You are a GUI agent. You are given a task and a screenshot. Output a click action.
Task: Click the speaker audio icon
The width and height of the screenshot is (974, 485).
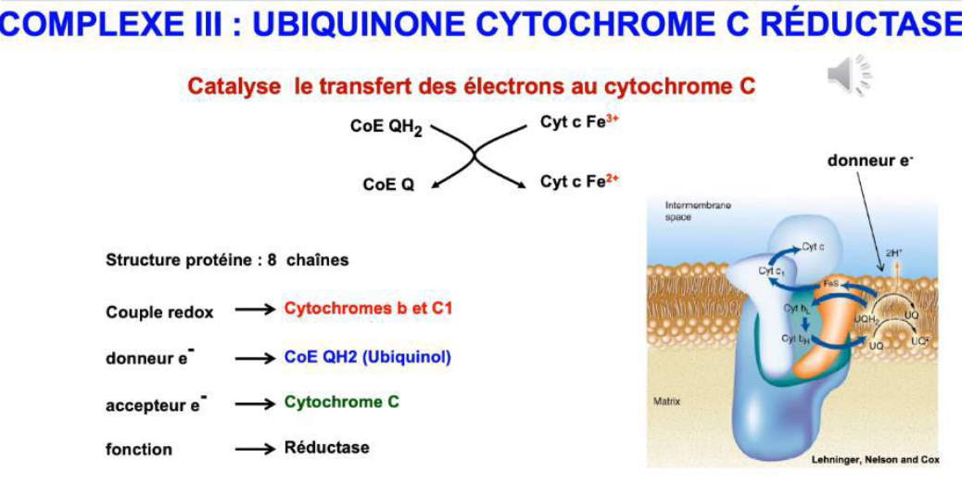tap(849, 75)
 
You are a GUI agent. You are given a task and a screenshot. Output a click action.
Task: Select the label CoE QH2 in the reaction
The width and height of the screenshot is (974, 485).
tap(386, 127)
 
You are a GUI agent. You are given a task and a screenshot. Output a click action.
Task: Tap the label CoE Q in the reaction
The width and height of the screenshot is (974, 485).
tap(388, 185)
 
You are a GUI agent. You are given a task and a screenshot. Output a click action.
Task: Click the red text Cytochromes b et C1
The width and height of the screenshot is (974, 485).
tap(368, 309)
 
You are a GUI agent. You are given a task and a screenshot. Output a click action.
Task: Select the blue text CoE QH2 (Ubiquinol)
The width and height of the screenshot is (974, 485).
tap(368, 357)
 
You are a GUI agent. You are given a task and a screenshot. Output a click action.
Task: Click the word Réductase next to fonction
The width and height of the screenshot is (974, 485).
tap(326, 447)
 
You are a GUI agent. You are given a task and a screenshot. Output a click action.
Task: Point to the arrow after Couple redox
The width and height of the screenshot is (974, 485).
tap(255, 311)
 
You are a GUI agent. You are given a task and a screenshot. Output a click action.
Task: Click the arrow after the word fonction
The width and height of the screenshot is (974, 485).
tap(255, 449)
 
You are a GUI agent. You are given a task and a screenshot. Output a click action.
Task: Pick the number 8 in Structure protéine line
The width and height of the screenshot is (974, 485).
tap(272, 261)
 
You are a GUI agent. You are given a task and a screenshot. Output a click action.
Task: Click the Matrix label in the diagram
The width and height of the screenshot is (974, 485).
tap(666, 402)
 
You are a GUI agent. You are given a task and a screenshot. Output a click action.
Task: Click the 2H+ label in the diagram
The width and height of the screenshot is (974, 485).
tap(893, 251)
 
